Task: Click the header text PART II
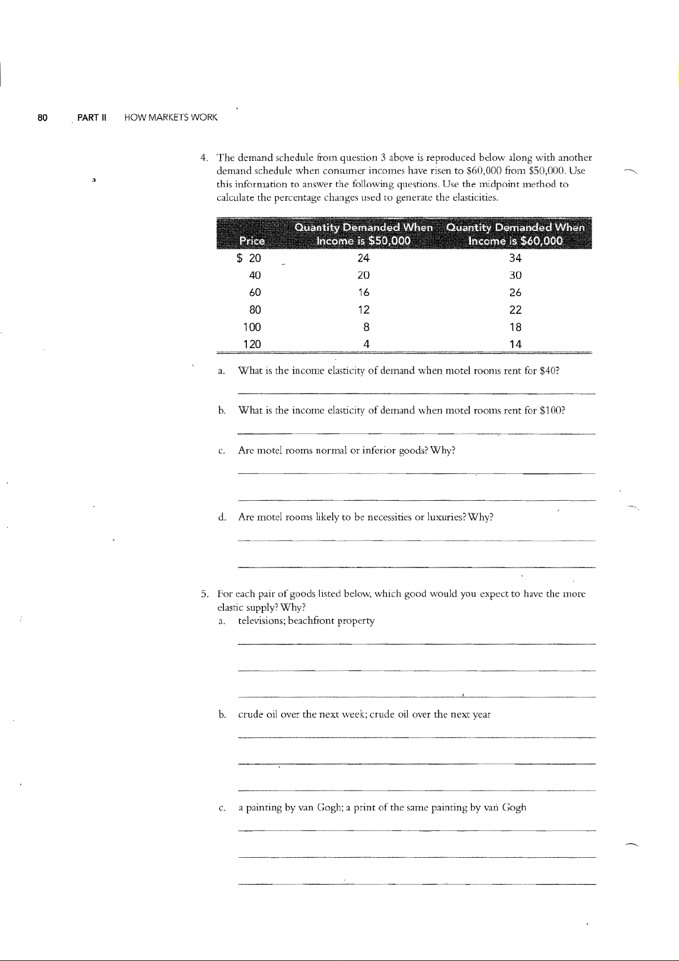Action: (x=89, y=118)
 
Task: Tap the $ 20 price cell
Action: (x=249, y=258)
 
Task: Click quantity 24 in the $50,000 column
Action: (x=363, y=258)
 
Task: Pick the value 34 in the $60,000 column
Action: (x=515, y=258)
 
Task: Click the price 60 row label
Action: (x=255, y=293)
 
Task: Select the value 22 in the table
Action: (x=515, y=310)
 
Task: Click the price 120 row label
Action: (x=252, y=344)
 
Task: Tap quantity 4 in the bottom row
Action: (x=367, y=344)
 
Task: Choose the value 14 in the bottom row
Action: (x=515, y=344)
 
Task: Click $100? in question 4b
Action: (x=552, y=411)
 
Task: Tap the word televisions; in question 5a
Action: (x=262, y=621)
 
